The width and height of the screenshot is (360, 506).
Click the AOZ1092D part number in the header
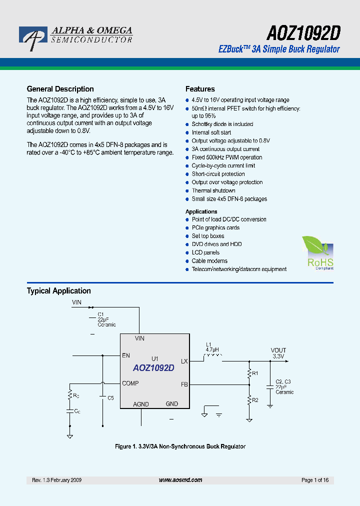(x=303, y=33)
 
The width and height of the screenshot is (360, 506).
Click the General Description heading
(x=60, y=89)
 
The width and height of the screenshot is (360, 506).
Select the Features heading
(x=200, y=89)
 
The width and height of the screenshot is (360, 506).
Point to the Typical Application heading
(x=58, y=291)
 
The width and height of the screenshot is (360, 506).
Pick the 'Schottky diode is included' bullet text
(x=222, y=124)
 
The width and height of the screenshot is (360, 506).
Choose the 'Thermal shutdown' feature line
(x=213, y=190)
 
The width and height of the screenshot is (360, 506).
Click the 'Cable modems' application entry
(x=209, y=260)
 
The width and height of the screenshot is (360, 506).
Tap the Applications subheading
(x=201, y=211)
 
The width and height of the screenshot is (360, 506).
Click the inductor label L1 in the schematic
(x=209, y=344)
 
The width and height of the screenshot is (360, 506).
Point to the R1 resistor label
(x=255, y=373)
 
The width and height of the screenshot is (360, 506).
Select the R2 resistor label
(x=255, y=400)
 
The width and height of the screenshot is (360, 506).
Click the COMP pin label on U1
(x=130, y=383)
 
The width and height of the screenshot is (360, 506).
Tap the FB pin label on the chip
(x=184, y=384)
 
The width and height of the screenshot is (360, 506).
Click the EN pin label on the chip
(x=126, y=356)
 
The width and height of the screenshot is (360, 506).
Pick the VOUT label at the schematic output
(x=278, y=350)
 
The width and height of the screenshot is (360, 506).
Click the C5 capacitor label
(x=110, y=397)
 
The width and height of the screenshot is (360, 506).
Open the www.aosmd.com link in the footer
(x=180, y=480)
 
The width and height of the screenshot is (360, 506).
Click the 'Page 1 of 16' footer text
(x=315, y=480)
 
